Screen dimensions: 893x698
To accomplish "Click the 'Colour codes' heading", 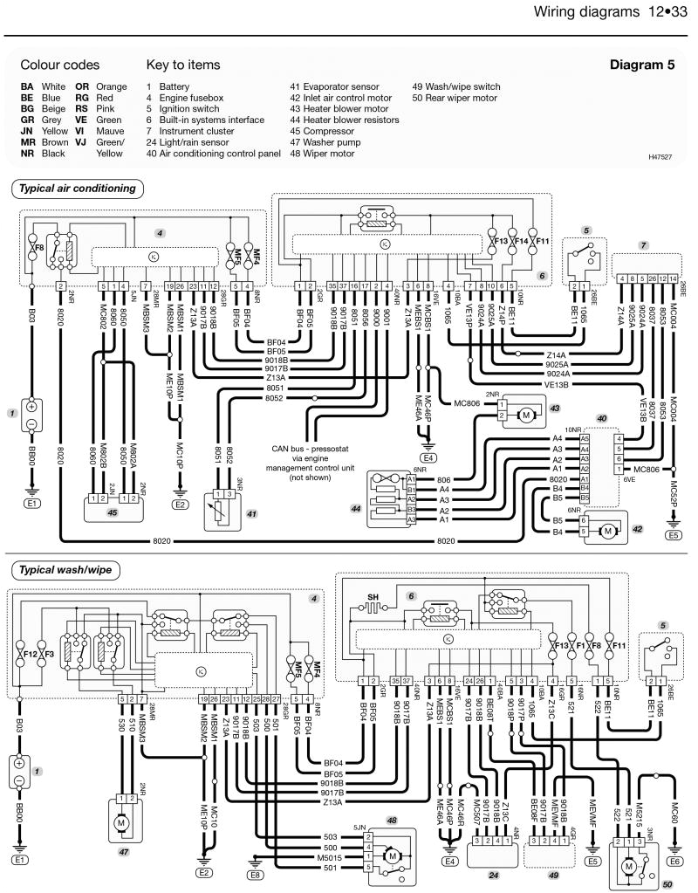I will (60, 65).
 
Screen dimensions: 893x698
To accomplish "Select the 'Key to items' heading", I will (183, 65).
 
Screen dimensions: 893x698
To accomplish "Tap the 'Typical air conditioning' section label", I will (79, 188).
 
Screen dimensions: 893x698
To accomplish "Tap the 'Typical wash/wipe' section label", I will (65, 569).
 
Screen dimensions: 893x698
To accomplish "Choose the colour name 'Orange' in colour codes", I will (112, 87).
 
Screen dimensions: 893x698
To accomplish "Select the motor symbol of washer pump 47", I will (122, 822).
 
